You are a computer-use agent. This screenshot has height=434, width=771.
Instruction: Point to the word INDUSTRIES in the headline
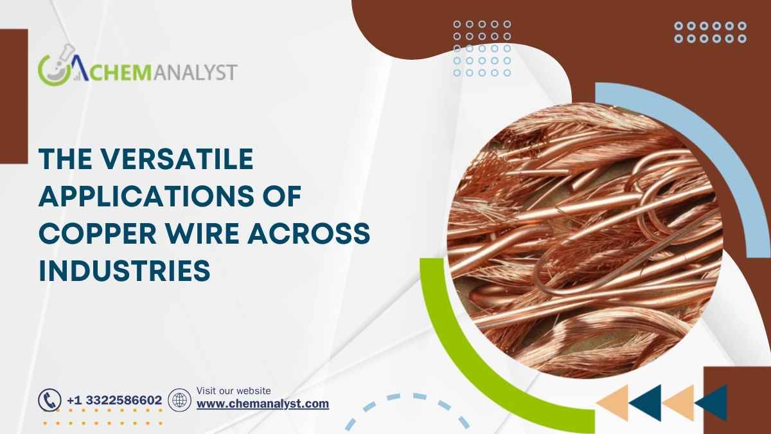(125, 271)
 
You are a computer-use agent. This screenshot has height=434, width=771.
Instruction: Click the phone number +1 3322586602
(114, 401)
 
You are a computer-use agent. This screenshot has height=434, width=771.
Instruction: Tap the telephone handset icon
(49, 400)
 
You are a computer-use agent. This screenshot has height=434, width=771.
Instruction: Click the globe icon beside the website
(179, 400)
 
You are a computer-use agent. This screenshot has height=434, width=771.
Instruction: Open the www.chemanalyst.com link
(262, 404)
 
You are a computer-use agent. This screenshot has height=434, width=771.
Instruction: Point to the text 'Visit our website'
(233, 390)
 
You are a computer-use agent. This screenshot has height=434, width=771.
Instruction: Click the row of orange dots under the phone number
(103, 423)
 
